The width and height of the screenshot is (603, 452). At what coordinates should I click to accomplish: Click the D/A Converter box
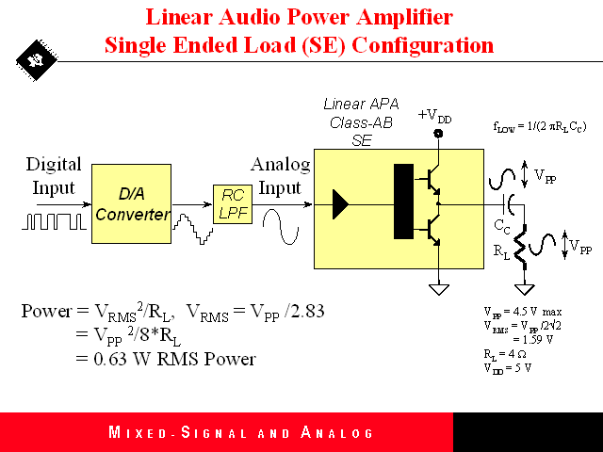click(132, 203)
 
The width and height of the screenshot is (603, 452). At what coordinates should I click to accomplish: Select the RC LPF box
click(231, 204)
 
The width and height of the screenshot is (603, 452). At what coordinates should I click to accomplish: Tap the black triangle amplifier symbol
click(340, 202)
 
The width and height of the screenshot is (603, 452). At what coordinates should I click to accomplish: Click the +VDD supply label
click(434, 117)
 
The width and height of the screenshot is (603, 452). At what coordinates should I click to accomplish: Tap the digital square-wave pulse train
click(55, 222)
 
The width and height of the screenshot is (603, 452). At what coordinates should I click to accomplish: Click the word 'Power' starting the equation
click(44, 312)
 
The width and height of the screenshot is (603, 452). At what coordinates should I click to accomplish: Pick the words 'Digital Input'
click(54, 175)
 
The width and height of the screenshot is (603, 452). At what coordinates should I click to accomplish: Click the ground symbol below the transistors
click(437, 286)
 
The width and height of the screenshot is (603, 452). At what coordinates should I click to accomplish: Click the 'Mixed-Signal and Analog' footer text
click(241, 433)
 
